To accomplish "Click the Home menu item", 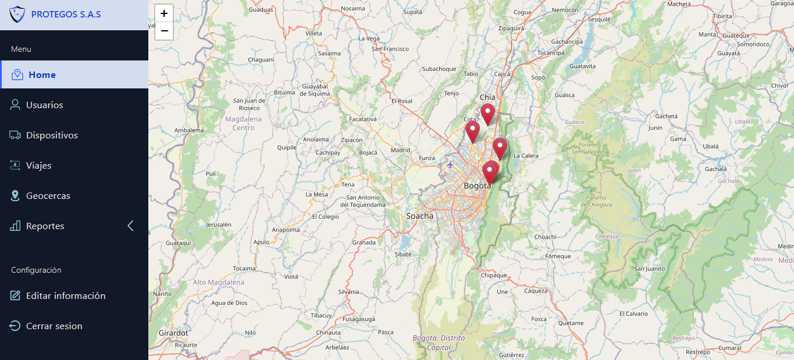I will pyautogui.click(x=42, y=75).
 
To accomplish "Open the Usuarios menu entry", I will pyautogui.click(x=44, y=105).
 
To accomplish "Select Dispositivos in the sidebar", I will pyautogui.click(x=52, y=136).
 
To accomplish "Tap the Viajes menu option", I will pyautogui.click(x=38, y=166).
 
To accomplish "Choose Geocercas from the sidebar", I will pyautogui.click(x=48, y=196).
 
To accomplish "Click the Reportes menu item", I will pyautogui.click(x=45, y=226).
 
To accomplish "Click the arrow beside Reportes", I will pyautogui.click(x=130, y=226).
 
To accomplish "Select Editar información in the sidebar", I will pyautogui.click(x=66, y=296).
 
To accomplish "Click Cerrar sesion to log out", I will pyautogui.click(x=54, y=326).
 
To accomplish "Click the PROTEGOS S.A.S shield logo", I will pyautogui.click(x=17, y=14).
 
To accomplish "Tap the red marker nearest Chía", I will pyautogui.click(x=487, y=113).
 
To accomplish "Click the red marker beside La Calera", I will pyautogui.click(x=500, y=147).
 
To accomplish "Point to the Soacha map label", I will pyautogui.click(x=419, y=216).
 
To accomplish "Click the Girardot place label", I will pyautogui.click(x=173, y=333).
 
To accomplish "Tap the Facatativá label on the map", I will pyautogui.click(x=363, y=119).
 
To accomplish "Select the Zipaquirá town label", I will pyautogui.click(x=511, y=28).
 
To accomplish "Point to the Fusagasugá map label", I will pyautogui.click(x=358, y=319).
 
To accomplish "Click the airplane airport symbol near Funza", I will pyautogui.click(x=450, y=164).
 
